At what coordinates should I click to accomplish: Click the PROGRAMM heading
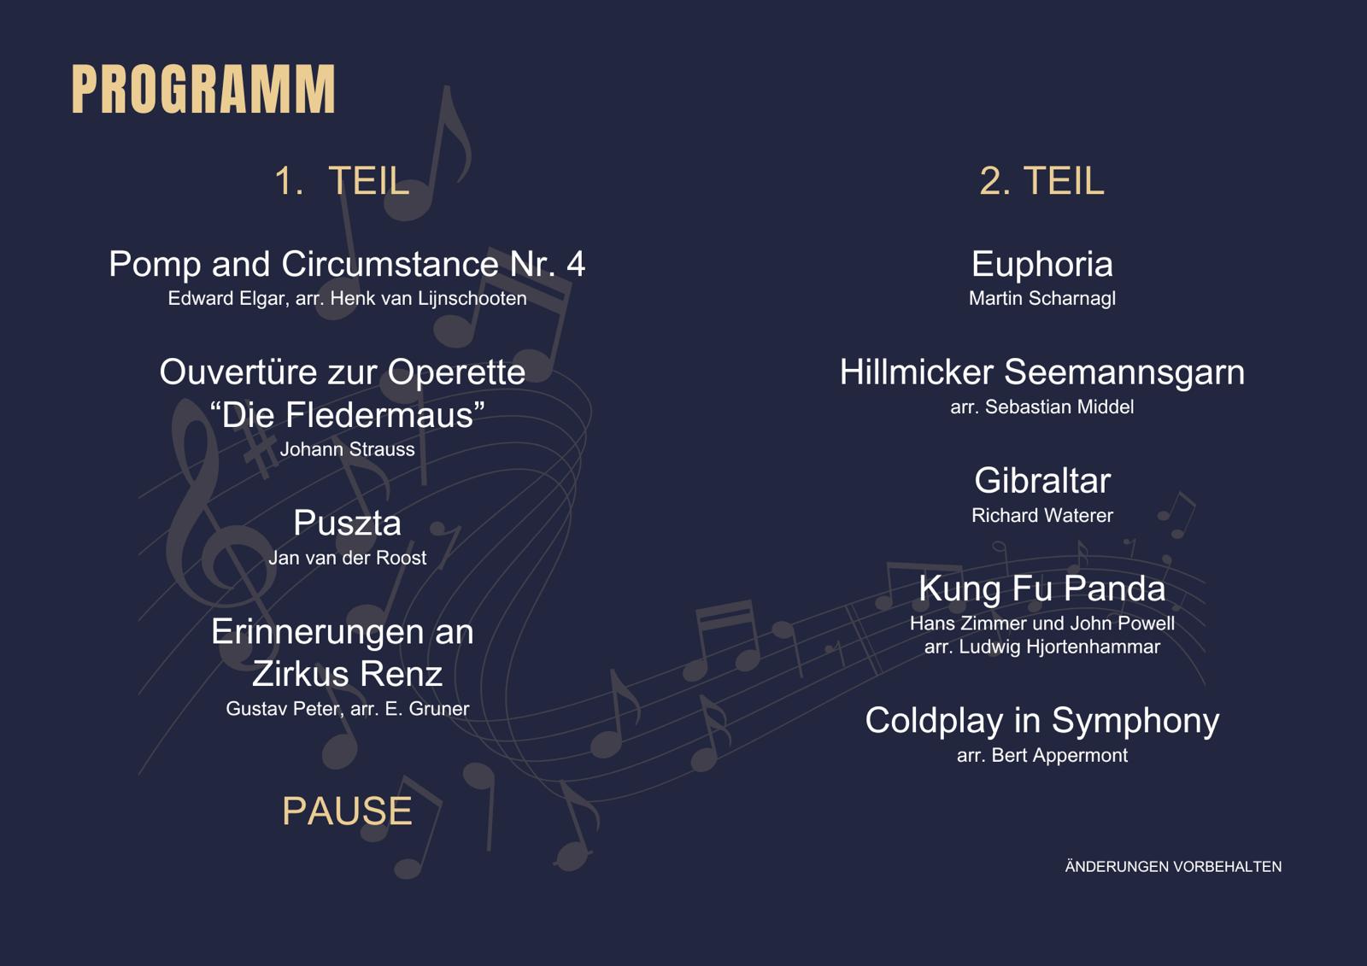click(x=203, y=89)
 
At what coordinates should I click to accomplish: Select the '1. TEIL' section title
click(x=342, y=180)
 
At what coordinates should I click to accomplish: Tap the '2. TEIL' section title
click(x=1041, y=180)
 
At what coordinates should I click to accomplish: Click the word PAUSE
click(x=347, y=811)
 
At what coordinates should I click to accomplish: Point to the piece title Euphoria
click(x=1042, y=265)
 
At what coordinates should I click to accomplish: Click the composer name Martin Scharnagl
click(x=1042, y=298)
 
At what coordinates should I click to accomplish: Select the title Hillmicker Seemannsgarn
click(x=1042, y=373)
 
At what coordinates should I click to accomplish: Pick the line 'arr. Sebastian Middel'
click(x=1042, y=407)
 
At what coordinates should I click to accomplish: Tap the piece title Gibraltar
click(x=1042, y=481)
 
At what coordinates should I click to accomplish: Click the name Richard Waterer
click(x=1042, y=516)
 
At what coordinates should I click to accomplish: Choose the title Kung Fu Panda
click(x=1042, y=588)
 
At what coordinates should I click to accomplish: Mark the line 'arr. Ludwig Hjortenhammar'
click(x=1042, y=647)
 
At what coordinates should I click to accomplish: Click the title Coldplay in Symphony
click(x=1042, y=722)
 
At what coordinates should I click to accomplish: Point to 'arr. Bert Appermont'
click(x=1042, y=756)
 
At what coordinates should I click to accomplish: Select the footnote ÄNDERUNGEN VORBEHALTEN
click(x=1173, y=867)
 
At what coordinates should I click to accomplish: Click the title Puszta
click(x=347, y=524)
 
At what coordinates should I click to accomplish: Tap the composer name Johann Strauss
click(x=347, y=450)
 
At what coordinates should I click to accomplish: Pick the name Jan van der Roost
click(x=347, y=558)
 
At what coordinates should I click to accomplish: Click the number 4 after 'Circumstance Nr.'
click(x=576, y=264)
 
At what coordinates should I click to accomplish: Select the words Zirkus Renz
click(x=347, y=674)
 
